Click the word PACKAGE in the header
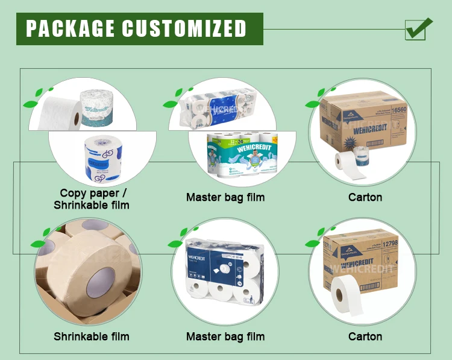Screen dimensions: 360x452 70,28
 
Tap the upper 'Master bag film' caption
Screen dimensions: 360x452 225,197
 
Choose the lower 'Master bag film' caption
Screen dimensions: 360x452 225,336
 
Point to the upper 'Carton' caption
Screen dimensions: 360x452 365,197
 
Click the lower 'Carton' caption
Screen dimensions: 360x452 365,336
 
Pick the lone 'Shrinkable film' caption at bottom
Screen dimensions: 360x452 92,336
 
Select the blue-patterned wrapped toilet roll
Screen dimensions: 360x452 97,158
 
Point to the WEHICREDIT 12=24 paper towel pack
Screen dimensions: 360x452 242,154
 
